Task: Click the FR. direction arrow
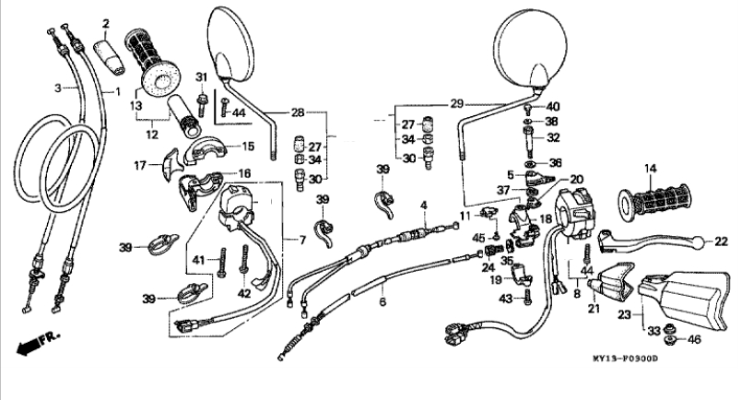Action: point(39,342)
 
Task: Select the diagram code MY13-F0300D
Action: point(625,359)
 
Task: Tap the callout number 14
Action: point(650,169)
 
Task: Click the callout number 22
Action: point(721,241)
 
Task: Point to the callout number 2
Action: point(106,23)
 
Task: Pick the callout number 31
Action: point(201,76)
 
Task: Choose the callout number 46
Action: point(694,339)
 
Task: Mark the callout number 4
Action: point(423,206)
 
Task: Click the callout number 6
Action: point(382,301)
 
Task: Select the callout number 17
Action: point(140,166)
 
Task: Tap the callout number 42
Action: point(244,293)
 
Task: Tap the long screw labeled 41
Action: point(222,263)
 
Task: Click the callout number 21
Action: point(594,309)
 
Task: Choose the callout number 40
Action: point(553,106)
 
